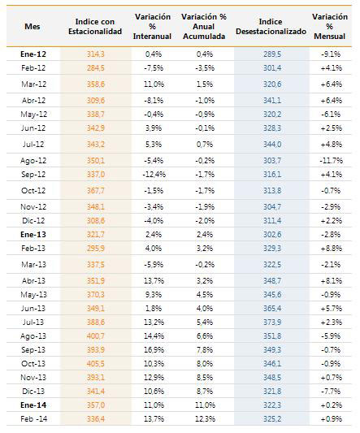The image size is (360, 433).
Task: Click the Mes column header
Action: pos(33,27)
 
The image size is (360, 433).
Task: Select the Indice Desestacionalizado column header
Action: pos(271,27)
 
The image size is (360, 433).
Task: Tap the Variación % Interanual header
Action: pos(153,27)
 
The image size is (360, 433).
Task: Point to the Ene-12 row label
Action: pos(33,54)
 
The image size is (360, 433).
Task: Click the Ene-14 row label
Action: pos(33,405)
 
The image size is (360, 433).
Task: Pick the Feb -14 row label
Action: pos(33,419)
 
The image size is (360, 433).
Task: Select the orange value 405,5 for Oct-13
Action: pos(96,364)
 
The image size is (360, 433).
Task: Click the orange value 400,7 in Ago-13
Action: pos(96,336)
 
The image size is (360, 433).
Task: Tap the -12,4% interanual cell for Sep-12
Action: pos(154,175)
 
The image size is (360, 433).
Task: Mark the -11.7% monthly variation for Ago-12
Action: pos(331,161)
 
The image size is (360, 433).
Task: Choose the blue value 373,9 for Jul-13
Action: pos(272,323)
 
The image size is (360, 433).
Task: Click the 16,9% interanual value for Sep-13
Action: pos(154,350)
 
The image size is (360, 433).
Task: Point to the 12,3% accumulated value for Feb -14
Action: pos(205,419)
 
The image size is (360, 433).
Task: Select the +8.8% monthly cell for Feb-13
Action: pos(331,249)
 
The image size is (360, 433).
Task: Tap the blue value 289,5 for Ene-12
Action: pos(272,54)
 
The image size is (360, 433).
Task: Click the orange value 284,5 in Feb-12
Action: pos(96,68)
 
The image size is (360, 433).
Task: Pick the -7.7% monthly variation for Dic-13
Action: pos(331,392)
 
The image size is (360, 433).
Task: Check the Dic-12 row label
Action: pos(33,221)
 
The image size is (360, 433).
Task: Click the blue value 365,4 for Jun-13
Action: pos(272,309)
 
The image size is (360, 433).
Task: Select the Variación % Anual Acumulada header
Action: pos(204,27)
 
